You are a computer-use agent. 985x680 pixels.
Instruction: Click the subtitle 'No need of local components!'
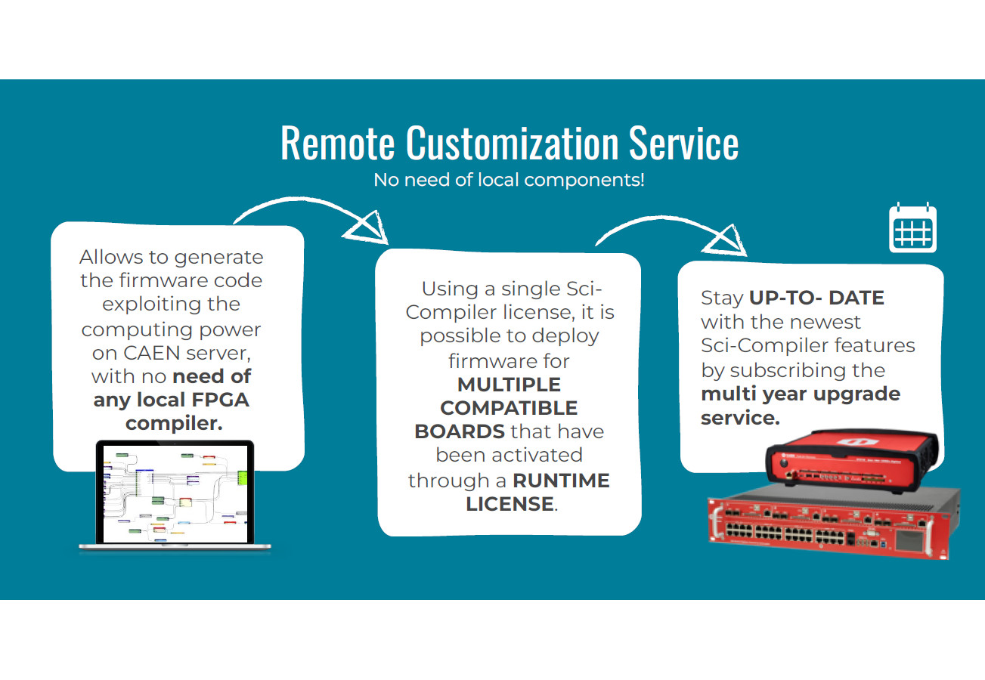click(509, 181)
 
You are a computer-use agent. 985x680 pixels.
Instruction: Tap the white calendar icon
click(912, 227)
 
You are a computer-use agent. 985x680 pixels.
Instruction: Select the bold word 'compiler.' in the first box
click(174, 423)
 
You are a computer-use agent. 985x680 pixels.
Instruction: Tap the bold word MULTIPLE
click(509, 384)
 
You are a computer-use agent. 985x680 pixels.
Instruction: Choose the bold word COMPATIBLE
click(509, 408)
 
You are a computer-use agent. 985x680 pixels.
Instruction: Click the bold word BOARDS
click(459, 432)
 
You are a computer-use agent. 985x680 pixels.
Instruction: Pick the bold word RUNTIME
click(561, 481)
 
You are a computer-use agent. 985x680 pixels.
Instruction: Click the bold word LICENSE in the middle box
click(509, 504)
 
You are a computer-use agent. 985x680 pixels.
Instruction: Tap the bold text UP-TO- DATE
click(816, 298)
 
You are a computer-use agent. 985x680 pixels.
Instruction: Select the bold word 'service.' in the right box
click(739, 418)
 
